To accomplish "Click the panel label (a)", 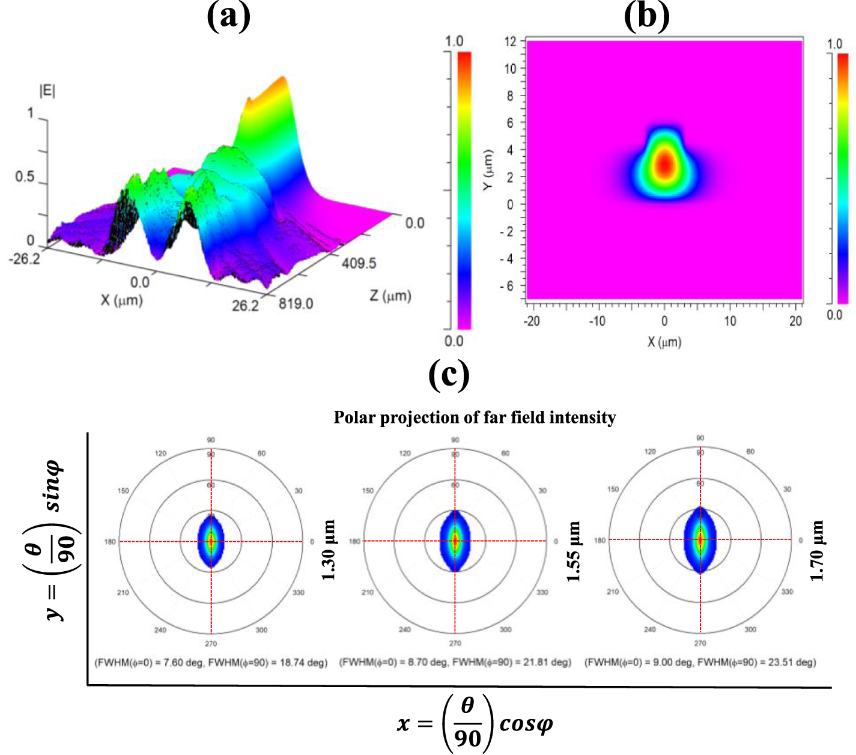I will [x=228, y=16].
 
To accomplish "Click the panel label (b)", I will [x=646, y=16].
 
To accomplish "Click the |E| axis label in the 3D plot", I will [x=47, y=91].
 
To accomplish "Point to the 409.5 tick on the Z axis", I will [x=359, y=263].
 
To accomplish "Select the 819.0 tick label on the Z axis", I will [x=296, y=304].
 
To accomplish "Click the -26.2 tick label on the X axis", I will [x=24, y=259].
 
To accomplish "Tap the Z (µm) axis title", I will [x=390, y=296].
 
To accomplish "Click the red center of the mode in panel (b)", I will [x=664, y=165].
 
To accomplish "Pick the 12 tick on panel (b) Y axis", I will [x=510, y=41].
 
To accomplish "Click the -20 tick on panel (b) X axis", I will [x=531, y=321].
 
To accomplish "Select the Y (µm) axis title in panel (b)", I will [x=488, y=170].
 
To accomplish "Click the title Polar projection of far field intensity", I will [x=475, y=417].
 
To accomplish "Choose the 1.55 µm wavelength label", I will [x=574, y=551].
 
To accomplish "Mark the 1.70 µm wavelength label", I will [x=818, y=550].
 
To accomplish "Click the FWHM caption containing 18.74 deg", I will [x=211, y=663].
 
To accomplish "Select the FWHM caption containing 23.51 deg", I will [x=700, y=663].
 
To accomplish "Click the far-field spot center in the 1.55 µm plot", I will [x=455, y=541].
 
